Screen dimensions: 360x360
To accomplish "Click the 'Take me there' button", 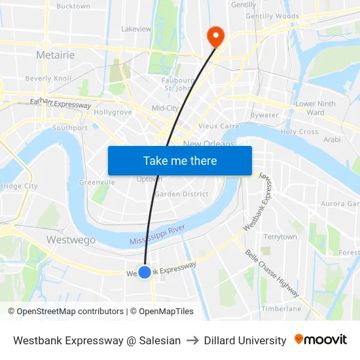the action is click(x=180, y=160).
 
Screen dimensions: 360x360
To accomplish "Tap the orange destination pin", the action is click(x=215, y=35).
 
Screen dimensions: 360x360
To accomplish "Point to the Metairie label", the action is click(x=56, y=55).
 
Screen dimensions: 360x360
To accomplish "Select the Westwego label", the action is click(x=71, y=240).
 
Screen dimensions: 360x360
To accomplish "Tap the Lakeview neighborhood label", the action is click(x=136, y=29).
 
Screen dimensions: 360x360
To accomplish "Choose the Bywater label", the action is click(x=264, y=115).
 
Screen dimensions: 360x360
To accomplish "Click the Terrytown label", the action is click(x=280, y=236).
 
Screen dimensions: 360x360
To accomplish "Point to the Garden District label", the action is click(x=181, y=194).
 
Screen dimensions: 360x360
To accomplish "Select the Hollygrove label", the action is click(x=113, y=112).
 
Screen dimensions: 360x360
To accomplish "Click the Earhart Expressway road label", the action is click(x=60, y=103).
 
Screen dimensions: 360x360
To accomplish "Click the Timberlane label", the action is click(x=281, y=308).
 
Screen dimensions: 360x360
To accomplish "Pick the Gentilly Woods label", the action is click(x=272, y=16).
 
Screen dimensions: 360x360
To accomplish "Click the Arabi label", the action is click(x=332, y=139).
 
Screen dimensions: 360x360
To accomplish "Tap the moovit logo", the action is click(x=321, y=340).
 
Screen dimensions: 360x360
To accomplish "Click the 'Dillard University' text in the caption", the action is click(x=245, y=340).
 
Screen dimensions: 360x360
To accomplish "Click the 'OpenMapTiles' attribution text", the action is click(x=166, y=312).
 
